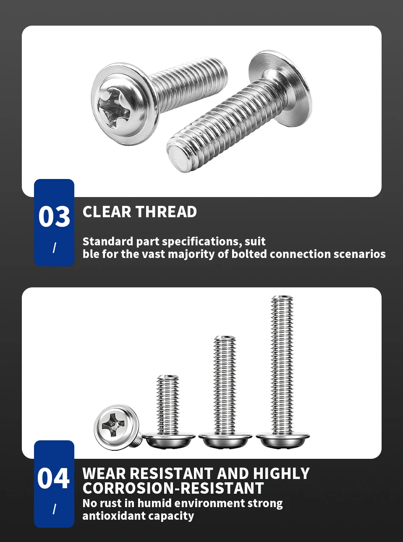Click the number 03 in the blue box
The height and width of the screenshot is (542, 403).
pos(54,216)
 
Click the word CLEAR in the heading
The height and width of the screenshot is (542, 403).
pos(107,212)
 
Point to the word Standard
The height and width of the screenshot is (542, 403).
pos(108,241)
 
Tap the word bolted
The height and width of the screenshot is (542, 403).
pos(249,254)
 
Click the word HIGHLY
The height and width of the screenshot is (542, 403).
pos(281,474)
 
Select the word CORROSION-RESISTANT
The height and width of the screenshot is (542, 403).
pos(173,488)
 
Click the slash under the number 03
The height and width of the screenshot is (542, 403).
pos(54,248)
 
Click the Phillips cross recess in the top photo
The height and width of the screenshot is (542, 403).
pos(114,108)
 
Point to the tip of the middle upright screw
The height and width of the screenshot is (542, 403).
pos(225,338)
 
